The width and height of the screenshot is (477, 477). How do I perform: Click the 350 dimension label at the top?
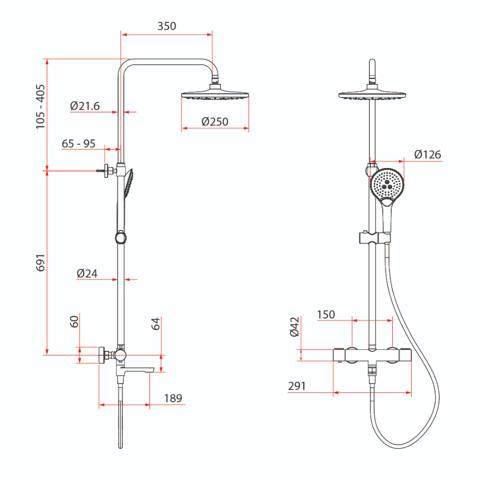coord(167,26)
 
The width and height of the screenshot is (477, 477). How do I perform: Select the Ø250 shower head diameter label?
coord(215,122)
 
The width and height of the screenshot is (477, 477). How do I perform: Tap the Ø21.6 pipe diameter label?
coord(85,106)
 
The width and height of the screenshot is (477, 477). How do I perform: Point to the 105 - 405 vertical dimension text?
coord(40,107)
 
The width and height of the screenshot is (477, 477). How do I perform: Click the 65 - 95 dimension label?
coord(78,144)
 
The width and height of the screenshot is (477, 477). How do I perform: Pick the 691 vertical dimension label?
coord(40,262)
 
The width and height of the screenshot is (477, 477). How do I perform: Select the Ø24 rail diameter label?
coord(87,273)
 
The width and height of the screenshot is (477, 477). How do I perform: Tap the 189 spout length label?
coord(173,398)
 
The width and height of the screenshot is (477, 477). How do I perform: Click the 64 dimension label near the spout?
coord(155,324)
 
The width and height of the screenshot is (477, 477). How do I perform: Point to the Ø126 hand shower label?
coord(427,155)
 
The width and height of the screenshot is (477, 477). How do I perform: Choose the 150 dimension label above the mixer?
coord(326,314)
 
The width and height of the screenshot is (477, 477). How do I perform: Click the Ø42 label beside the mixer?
coord(295,327)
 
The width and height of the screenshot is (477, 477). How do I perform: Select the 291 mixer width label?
coord(297,386)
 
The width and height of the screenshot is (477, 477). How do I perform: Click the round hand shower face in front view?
coord(387,184)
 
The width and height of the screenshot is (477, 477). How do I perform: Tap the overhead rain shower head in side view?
coord(215,92)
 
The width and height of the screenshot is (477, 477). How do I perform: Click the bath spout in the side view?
coord(136,369)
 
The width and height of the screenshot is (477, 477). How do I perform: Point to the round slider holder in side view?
coord(121,238)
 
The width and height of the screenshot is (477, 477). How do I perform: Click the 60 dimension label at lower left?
coord(74,322)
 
